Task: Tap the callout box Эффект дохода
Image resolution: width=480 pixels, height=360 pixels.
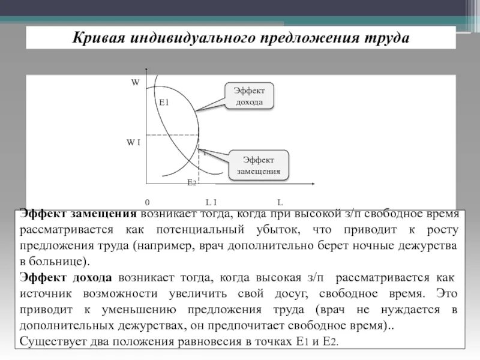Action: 248,96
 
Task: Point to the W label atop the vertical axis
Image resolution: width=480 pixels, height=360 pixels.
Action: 135,83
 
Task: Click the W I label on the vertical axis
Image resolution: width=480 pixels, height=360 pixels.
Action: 133,142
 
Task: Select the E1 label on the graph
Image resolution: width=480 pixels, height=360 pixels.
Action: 164,103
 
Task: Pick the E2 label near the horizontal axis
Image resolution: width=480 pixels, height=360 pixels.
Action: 191,182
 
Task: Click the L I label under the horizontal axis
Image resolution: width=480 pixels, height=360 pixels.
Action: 211,202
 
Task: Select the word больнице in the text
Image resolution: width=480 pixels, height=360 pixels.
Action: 57,262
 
